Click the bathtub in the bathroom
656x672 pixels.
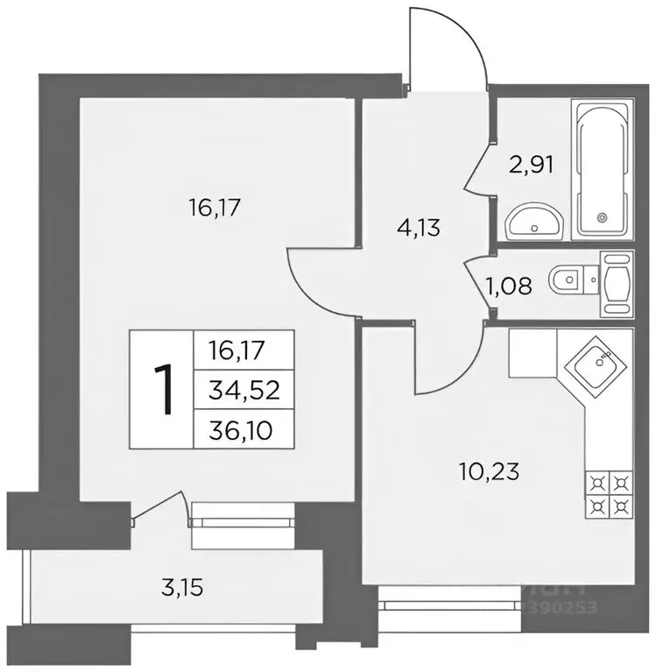point(601,168)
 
